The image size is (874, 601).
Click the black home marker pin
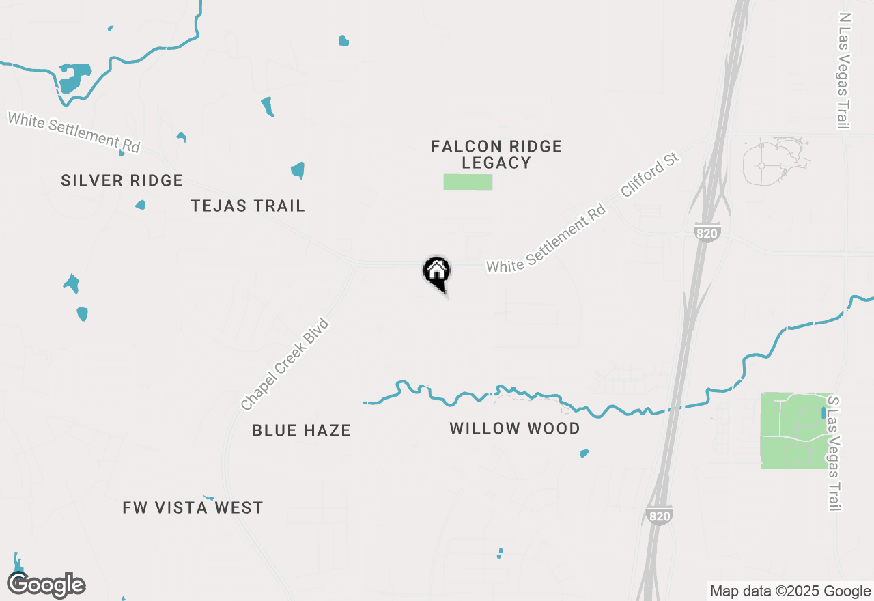(437, 272)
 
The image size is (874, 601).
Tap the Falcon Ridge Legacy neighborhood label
(496, 154)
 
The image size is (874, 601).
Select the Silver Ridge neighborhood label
(122, 180)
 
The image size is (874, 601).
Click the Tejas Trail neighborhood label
(248, 206)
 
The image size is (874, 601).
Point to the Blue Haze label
(301, 430)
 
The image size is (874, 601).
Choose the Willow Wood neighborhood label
(515, 428)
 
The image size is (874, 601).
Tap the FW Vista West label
(193, 507)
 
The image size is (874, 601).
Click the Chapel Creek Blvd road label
(285, 365)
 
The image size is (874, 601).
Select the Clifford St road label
(651, 176)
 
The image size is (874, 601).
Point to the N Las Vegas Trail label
(845, 70)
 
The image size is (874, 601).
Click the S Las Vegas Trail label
(833, 453)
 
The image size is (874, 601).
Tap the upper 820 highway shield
(707, 233)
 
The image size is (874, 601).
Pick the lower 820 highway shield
(659, 516)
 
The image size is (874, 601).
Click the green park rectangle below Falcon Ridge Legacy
(468, 182)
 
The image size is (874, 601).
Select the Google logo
(46, 585)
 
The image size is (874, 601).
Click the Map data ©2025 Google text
(790, 591)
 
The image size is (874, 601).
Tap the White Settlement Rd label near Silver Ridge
(74, 132)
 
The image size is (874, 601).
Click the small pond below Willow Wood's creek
(584, 453)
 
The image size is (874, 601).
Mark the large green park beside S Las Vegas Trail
(792, 430)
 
